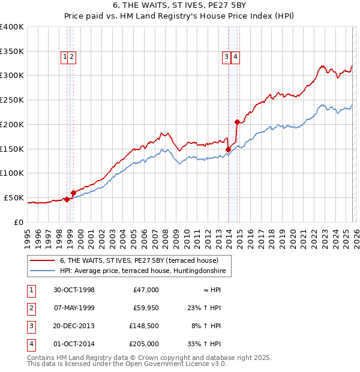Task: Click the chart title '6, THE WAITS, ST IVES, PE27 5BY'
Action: click(x=179, y=5)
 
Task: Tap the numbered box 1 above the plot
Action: click(x=64, y=57)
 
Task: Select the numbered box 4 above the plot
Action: click(x=236, y=57)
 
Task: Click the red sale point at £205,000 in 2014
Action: click(x=238, y=122)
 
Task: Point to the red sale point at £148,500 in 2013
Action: click(x=229, y=149)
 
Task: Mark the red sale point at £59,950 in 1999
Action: click(x=73, y=193)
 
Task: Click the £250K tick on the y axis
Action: click(x=12, y=100)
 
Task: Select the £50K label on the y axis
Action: click(x=14, y=197)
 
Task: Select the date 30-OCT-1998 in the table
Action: click(x=74, y=290)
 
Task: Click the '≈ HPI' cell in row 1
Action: click(x=210, y=290)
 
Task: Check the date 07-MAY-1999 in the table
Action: click(x=74, y=308)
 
